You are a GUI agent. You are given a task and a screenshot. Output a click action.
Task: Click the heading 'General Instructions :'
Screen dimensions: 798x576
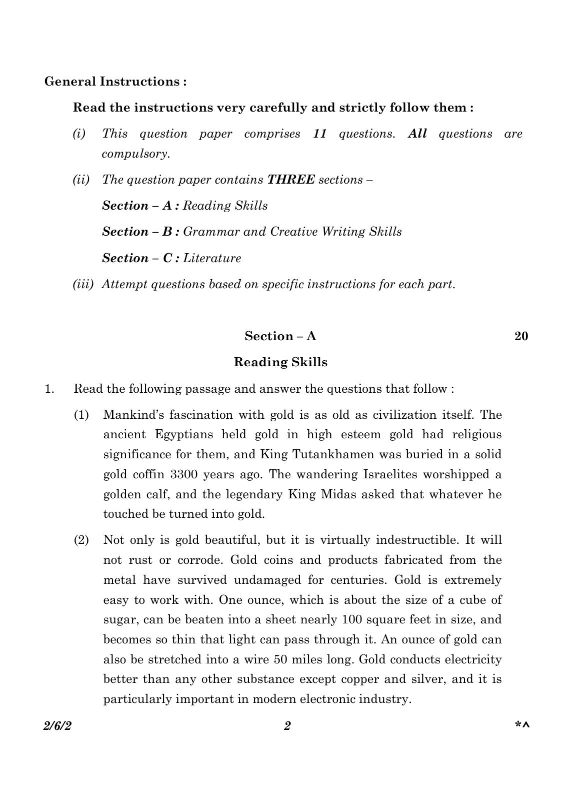tap(115, 82)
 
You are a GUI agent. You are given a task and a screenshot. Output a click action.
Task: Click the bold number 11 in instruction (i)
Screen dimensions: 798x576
tap(319, 134)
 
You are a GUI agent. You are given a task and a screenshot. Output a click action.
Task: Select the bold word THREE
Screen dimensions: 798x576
tap(291, 180)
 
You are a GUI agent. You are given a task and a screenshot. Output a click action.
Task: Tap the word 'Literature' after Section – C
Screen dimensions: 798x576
tap(212, 258)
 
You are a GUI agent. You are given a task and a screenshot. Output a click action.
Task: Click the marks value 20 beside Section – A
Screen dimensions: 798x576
tap(521, 336)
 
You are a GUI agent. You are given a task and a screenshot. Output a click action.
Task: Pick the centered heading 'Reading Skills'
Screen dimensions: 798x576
tap(280, 362)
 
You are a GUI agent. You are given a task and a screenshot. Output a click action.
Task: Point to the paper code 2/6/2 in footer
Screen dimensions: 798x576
tap(57, 726)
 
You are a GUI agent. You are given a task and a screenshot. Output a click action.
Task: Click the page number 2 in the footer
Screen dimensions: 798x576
tap(287, 726)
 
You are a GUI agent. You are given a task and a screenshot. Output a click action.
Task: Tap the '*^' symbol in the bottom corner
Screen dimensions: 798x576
tap(522, 725)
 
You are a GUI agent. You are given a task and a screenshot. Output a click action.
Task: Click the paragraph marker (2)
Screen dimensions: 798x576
tap(81, 540)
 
